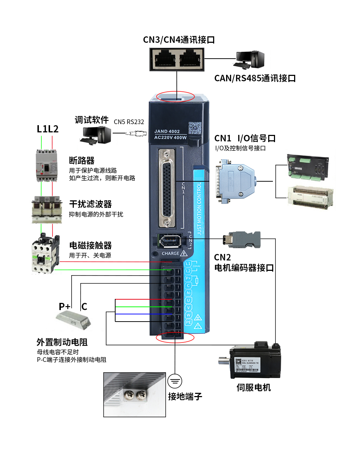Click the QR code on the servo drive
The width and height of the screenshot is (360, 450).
[x=195, y=128]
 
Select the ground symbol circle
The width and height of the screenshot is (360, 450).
[x=175, y=381]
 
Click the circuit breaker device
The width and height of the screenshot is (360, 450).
[x=46, y=165]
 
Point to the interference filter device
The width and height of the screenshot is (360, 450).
[x=46, y=209]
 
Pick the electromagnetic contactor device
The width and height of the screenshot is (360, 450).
[x=45, y=254]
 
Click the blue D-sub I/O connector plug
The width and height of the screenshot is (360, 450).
[x=236, y=181]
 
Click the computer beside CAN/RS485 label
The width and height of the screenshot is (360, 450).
[x=249, y=60]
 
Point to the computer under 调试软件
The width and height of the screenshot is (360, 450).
[x=95, y=135]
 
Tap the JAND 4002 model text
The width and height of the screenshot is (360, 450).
[x=167, y=131]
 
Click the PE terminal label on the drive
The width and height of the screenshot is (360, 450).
[x=188, y=322]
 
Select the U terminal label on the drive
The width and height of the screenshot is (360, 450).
[x=188, y=300]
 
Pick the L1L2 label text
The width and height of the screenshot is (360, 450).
[x=48, y=129]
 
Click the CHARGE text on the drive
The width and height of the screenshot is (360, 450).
[x=170, y=254]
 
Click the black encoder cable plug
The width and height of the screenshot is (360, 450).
[x=242, y=240]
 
